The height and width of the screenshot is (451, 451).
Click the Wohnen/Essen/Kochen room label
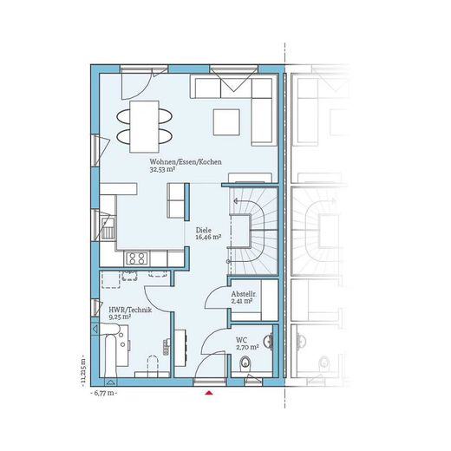[x=186, y=162]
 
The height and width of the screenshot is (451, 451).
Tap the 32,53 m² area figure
[x=162, y=169]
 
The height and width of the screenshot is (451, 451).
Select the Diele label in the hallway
[x=204, y=231]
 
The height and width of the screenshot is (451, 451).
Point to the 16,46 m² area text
[x=208, y=238]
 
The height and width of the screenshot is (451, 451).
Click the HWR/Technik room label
[x=130, y=310]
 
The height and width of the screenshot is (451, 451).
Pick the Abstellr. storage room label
[x=244, y=294]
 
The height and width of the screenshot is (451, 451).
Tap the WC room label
[x=241, y=340]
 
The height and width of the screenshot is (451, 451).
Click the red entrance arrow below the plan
[x=209, y=393]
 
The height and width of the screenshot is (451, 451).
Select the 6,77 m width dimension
[x=104, y=393]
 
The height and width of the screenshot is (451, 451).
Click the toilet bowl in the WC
[x=245, y=363]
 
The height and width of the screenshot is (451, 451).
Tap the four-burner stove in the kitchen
[x=137, y=258]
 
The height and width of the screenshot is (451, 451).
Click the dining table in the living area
[x=144, y=127]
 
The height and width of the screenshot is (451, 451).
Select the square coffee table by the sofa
[x=226, y=122]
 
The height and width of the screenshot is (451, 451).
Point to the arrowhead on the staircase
[x=235, y=200]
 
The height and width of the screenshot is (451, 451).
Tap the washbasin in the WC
[x=269, y=342]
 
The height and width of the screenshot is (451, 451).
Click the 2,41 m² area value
[x=242, y=301]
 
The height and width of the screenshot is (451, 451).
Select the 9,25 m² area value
[x=120, y=317]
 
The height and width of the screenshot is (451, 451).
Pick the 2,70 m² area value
[x=247, y=347]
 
